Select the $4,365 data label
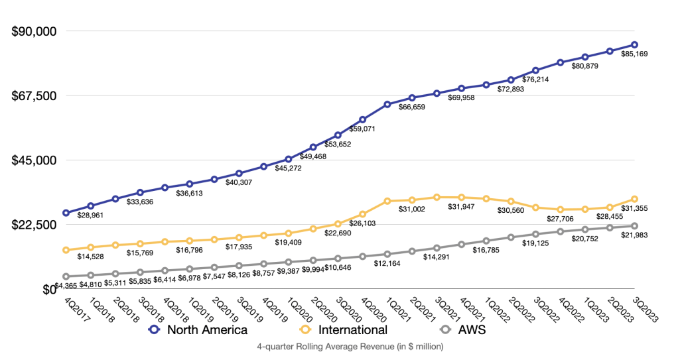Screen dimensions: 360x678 [65, 285]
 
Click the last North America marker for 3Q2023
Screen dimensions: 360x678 [634, 45]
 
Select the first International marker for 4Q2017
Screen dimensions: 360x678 [66, 250]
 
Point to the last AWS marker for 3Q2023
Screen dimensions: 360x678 [634, 226]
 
